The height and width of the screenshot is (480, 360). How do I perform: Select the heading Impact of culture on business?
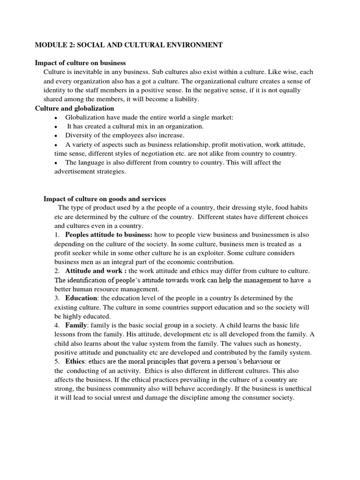[x=81, y=63]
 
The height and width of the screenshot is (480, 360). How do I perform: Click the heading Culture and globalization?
[x=75, y=108]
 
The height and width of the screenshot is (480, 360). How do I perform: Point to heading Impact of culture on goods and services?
[x=105, y=199]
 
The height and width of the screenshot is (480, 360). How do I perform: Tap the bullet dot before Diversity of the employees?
[x=56, y=136]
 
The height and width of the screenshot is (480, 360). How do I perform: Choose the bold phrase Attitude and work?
[x=96, y=271]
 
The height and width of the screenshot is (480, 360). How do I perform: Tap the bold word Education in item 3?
[x=82, y=298]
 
